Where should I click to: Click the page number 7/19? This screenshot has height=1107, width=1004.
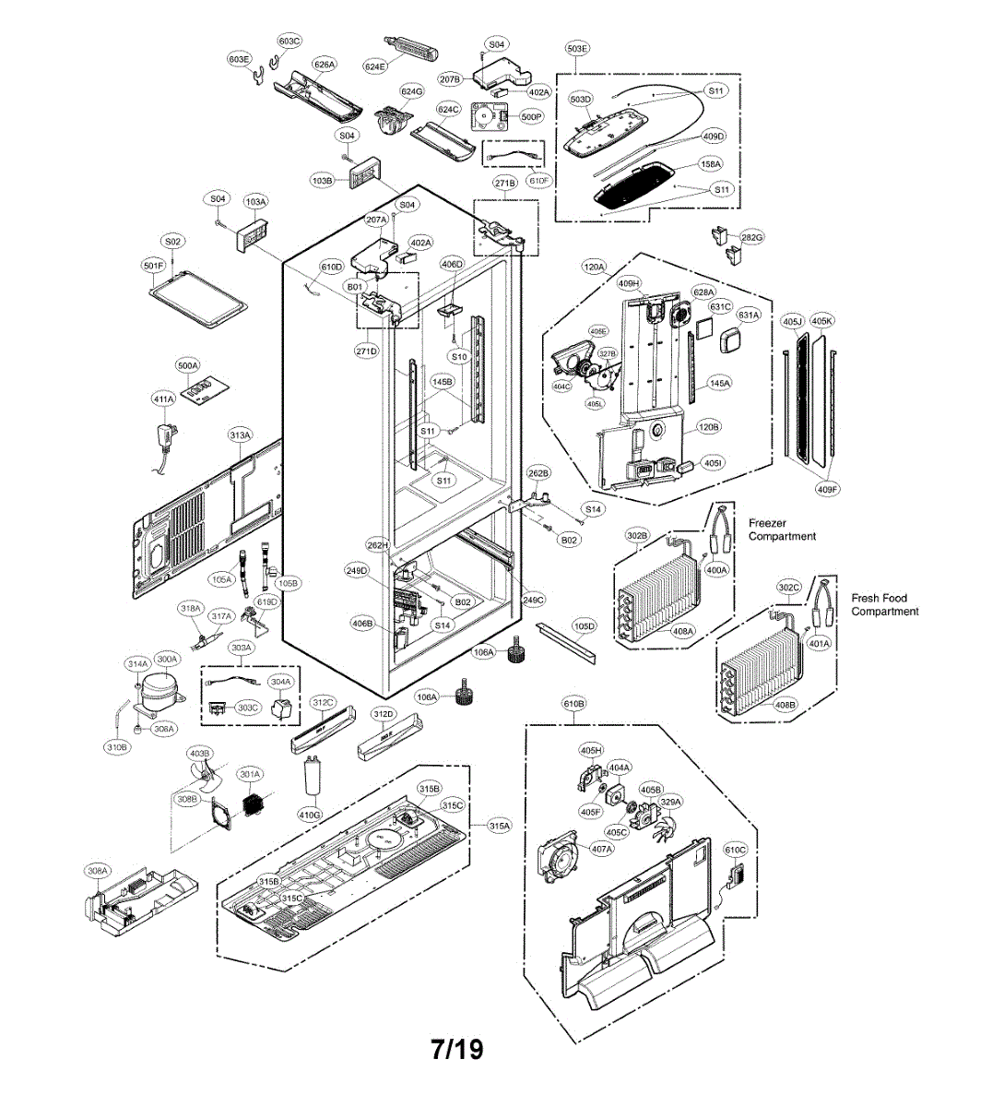coord(456,1049)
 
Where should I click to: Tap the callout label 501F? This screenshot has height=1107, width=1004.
coord(153,265)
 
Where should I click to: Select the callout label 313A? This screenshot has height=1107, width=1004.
coord(240,434)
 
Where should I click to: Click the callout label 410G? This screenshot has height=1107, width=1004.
coord(310,815)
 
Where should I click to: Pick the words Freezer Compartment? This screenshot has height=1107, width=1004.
coord(781,530)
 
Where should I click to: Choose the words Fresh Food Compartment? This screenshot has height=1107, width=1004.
coord(884,605)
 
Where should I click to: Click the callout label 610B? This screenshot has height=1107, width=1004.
coord(573,705)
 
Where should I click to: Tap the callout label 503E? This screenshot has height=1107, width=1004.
coord(577,48)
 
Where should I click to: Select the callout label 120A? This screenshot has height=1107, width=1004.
coord(594,268)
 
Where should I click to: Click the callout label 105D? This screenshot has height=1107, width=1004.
coord(585,626)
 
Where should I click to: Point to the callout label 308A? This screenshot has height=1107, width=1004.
coord(97,870)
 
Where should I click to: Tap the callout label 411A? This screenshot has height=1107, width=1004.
coord(163,399)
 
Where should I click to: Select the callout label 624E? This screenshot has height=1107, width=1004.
coord(374,66)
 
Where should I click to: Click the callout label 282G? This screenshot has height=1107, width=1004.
coord(752,237)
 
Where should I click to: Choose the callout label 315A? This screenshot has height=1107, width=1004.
coord(499,827)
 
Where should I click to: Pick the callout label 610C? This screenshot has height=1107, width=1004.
coord(735,850)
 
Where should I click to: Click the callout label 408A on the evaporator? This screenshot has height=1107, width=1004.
coord(683,631)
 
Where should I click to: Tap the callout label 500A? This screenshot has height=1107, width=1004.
coord(187,366)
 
